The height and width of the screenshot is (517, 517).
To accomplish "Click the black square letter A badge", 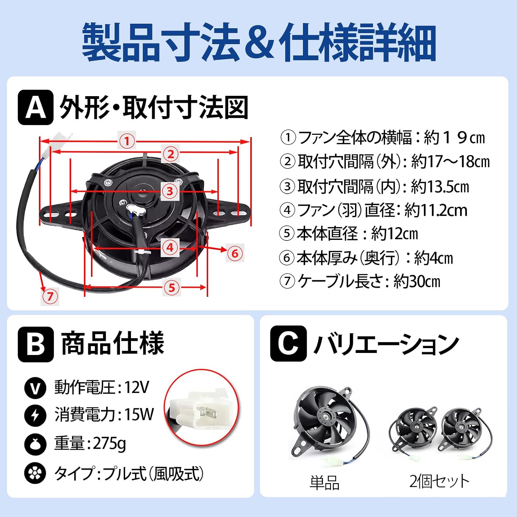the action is point(36,107).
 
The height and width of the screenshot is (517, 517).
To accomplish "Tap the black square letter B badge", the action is point(36,344).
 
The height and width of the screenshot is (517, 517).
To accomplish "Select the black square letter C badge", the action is point(288,344).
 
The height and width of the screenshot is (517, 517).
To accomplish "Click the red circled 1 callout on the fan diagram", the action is point(127,141).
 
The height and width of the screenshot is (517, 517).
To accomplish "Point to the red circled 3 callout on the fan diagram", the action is point(170,191).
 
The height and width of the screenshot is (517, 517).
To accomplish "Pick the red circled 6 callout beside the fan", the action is point(235,253).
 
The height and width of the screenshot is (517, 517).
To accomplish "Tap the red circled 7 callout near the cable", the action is point(50,296).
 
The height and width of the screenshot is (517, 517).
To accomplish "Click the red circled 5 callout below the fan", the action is point(172,287).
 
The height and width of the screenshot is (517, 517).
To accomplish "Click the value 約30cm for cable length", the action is point(417,281).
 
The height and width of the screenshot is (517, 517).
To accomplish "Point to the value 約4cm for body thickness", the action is point(433,258).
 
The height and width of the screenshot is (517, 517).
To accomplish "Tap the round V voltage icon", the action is point(35,388).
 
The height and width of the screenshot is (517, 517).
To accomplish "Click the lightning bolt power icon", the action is point(35,415).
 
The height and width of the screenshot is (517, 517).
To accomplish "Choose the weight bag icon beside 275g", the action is point(35,444).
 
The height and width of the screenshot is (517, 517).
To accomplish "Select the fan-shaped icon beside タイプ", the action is point(35,473).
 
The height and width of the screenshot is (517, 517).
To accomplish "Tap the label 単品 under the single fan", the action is point(324,482).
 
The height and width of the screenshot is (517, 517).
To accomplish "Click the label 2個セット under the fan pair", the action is point(439,481).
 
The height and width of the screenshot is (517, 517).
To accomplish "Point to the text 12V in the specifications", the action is point(136,387).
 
